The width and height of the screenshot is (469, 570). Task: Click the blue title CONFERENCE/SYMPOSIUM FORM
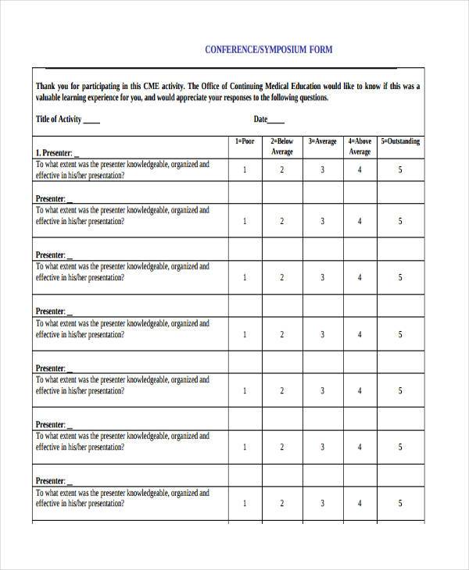tap(268, 50)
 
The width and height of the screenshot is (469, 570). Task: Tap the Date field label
tap(260, 119)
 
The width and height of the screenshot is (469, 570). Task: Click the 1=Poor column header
tap(245, 141)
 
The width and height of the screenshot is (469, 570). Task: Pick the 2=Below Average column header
tap(282, 147)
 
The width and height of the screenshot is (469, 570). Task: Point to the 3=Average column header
tap(322, 141)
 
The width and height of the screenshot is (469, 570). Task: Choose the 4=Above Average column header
tap(360, 147)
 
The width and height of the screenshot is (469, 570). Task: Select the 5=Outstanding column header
tap(400, 141)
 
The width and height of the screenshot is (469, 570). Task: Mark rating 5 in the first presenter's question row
tap(400, 170)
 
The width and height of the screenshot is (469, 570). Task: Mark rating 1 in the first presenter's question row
tap(245, 170)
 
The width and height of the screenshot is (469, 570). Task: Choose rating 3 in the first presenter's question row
tap(322, 170)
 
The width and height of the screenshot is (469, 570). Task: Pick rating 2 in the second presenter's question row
tap(282, 221)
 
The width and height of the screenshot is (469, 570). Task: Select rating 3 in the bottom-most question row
tap(322, 504)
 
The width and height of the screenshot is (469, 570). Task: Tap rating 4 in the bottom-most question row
tap(360, 504)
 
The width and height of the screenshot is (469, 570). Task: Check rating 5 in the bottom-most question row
tap(400, 504)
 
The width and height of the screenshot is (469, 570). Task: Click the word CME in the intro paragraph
tap(153, 86)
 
